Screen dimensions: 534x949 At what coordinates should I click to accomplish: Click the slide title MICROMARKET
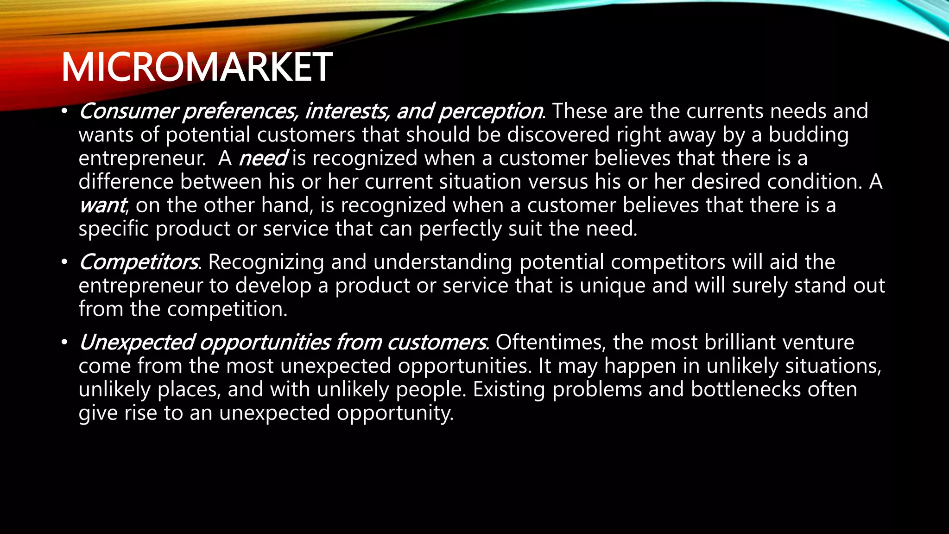tap(196, 68)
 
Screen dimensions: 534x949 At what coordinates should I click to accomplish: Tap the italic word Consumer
tap(128, 111)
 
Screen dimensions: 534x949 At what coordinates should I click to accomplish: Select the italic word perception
tap(490, 111)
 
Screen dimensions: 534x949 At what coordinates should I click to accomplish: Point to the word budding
tap(809, 135)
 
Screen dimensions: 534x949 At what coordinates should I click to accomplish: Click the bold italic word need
tap(263, 158)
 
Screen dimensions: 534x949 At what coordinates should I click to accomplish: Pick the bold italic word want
tap(102, 205)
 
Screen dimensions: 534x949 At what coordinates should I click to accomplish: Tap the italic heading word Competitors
tap(139, 262)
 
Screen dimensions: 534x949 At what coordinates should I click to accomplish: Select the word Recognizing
tap(266, 262)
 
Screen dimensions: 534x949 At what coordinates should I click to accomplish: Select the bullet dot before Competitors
tap(64, 262)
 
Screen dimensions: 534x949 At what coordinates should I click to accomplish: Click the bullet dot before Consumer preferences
tap(64, 112)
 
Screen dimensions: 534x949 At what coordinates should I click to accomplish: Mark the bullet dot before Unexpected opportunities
tap(64, 343)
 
